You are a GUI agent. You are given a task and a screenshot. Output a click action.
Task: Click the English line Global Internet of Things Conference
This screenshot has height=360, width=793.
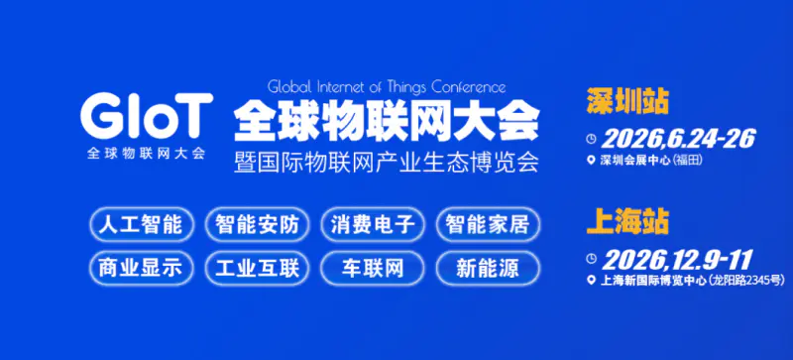[x=387, y=86]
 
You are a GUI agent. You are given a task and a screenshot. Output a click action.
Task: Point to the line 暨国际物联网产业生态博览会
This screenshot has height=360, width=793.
[x=387, y=161]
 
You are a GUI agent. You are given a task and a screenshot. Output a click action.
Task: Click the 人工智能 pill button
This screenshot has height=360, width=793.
[x=141, y=224]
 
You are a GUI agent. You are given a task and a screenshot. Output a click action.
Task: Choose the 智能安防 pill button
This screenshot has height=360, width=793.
[x=257, y=224]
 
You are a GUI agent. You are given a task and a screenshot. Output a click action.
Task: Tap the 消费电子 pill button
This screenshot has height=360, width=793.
[x=373, y=224]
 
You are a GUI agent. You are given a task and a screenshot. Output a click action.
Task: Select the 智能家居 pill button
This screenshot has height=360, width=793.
[x=489, y=224]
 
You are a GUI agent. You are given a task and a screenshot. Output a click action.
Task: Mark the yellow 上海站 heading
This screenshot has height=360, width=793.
[x=626, y=220]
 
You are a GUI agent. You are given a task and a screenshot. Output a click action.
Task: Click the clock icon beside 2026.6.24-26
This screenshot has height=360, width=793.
[x=592, y=138]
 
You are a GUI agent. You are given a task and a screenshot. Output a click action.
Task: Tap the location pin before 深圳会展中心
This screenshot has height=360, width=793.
[x=592, y=160]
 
